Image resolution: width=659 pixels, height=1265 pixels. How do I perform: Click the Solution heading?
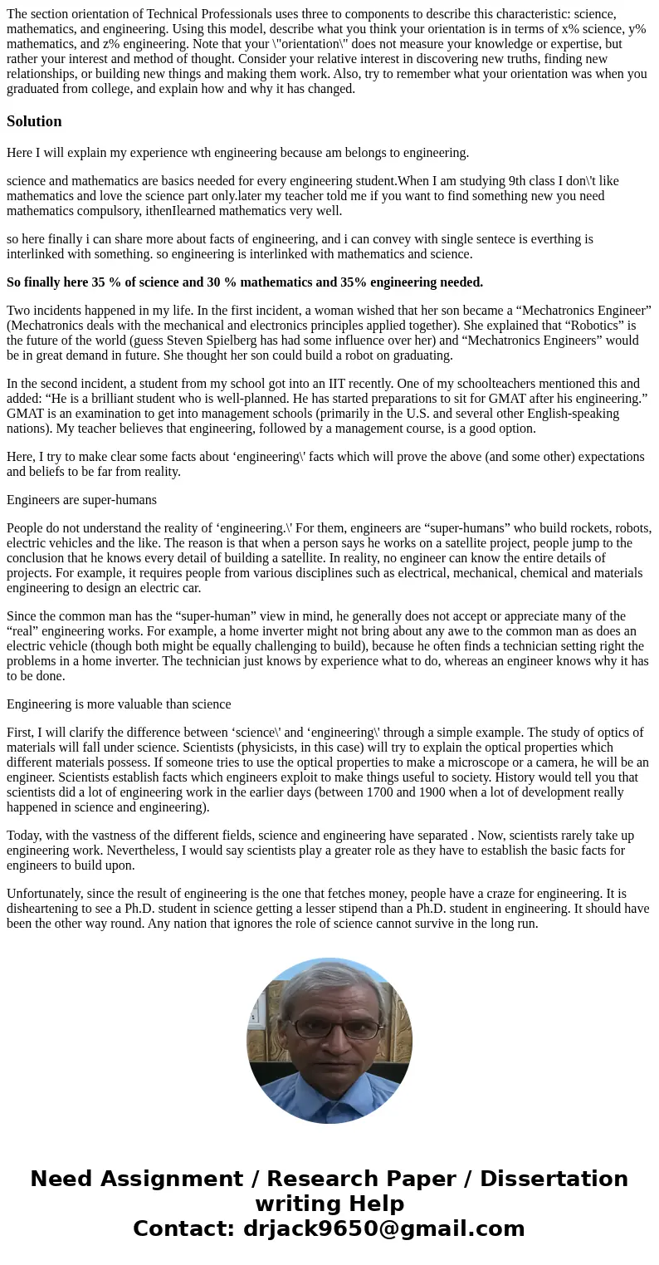tap(34, 121)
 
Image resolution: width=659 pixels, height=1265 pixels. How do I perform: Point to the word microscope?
tap(468, 762)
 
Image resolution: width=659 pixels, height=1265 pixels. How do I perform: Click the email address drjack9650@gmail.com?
tap(383, 1228)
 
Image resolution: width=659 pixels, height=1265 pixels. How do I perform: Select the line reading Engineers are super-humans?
tap(81, 500)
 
